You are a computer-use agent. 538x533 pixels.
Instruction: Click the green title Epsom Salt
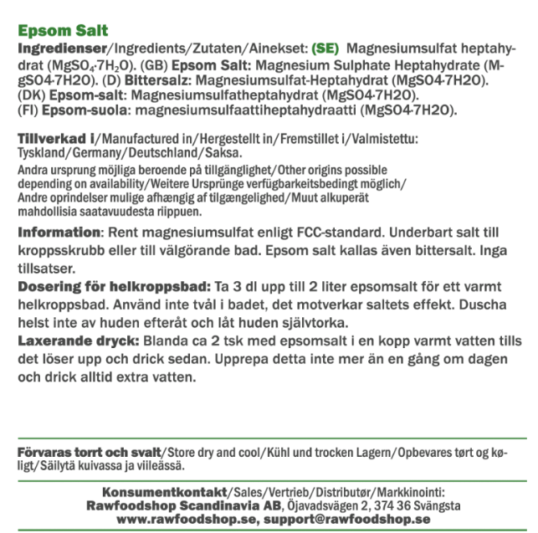point(63,31)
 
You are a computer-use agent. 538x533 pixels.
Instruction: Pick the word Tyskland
point(43,153)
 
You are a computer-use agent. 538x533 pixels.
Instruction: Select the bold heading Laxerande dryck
point(79,341)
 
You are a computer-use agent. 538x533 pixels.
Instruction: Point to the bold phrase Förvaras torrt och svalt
point(87,452)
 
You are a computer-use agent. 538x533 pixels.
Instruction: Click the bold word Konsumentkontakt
point(164,491)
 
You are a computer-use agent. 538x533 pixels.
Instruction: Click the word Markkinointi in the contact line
point(407,491)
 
